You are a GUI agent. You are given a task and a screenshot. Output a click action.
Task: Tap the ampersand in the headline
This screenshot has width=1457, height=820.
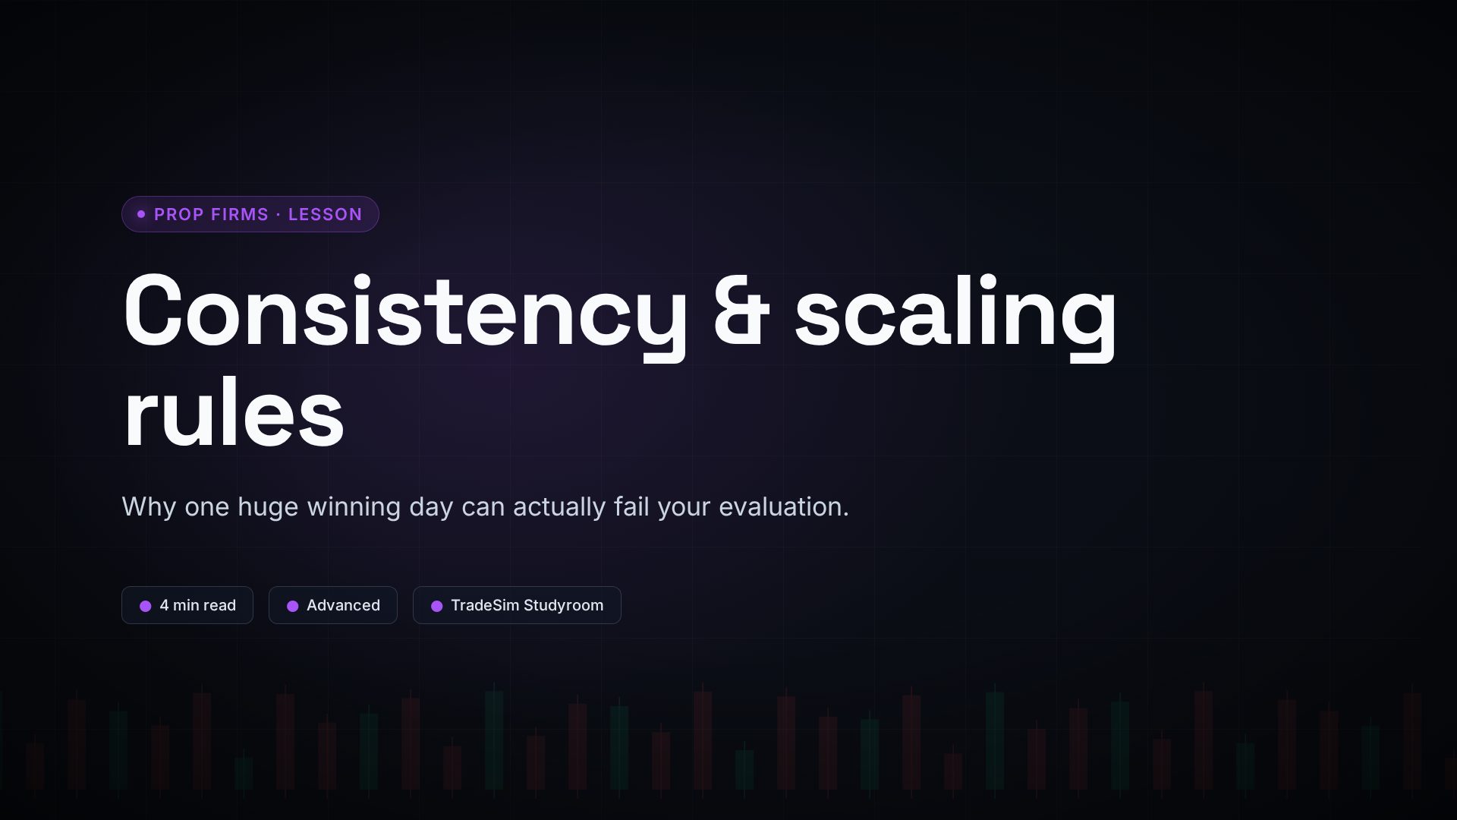[741, 311]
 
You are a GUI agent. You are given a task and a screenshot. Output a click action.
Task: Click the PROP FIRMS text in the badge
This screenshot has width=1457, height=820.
[211, 214]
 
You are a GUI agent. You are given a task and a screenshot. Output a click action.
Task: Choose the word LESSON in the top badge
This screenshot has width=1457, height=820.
[325, 214]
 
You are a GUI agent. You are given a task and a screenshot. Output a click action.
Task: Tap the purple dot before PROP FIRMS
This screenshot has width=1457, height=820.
[141, 214]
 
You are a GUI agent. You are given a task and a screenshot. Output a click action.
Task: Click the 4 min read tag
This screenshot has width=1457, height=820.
[187, 605]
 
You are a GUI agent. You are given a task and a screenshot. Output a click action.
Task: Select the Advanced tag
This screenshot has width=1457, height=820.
[333, 605]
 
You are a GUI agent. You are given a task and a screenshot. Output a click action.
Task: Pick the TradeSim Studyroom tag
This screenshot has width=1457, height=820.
[517, 605]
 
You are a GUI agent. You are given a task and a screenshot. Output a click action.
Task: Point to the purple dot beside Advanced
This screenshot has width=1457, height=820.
[292, 606]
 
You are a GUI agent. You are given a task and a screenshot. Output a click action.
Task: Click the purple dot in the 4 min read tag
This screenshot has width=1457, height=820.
[146, 606]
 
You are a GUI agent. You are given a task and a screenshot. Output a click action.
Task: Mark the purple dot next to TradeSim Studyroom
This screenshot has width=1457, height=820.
[436, 606]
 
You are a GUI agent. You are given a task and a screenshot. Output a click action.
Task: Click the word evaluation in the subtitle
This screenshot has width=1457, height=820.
[784, 506]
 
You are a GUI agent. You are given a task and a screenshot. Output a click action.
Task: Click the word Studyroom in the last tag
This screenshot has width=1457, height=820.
[564, 606]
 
